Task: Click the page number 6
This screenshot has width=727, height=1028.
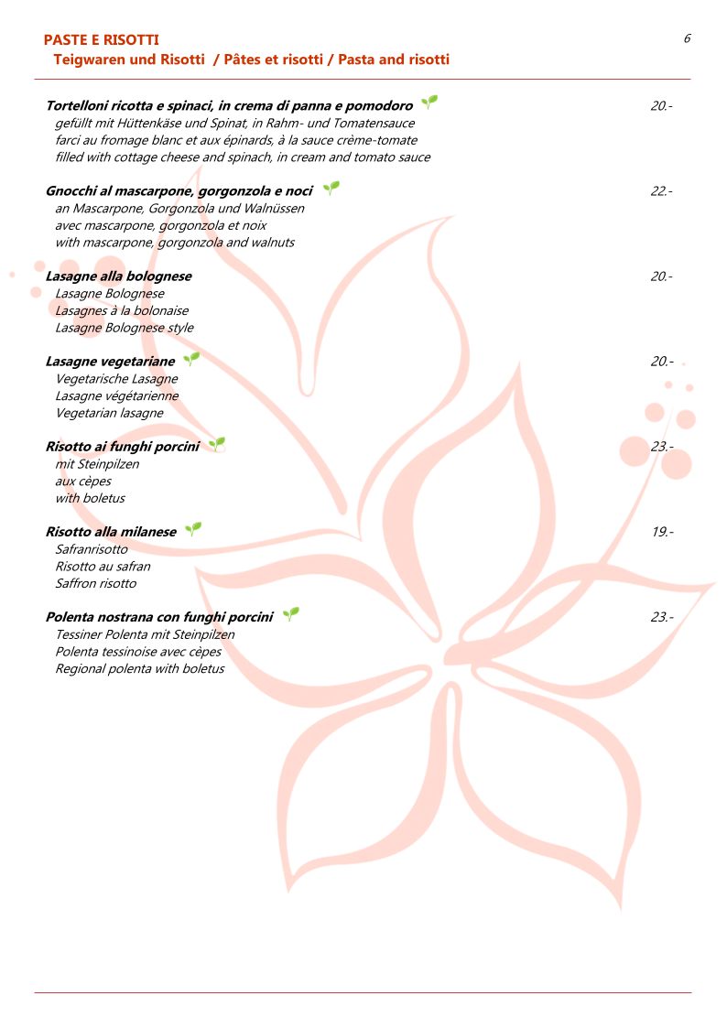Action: coord(687,38)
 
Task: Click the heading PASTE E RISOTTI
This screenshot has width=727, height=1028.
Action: coord(102,40)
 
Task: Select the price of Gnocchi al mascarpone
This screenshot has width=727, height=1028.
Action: coord(661,191)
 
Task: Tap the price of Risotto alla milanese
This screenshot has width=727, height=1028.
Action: coord(662,532)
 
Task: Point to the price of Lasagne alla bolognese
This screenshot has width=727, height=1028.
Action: coord(661,276)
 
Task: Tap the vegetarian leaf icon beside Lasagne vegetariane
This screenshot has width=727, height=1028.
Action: coord(190,359)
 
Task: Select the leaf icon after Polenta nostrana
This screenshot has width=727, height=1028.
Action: coord(290,614)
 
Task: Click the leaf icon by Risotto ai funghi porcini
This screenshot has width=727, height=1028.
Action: coord(216,444)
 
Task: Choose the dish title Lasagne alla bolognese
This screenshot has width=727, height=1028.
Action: coord(119,276)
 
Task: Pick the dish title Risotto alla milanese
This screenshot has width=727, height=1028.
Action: coord(111,532)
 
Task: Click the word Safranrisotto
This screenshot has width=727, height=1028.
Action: coord(92,549)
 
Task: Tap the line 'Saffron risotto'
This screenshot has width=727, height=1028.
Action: coord(95,583)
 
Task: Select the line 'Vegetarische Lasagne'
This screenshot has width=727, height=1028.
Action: coord(116,379)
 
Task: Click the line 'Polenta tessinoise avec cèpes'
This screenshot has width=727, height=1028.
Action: coord(138,652)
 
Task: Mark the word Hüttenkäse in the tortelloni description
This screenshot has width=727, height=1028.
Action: coord(151,124)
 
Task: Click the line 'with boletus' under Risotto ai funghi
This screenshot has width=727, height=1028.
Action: coord(90,498)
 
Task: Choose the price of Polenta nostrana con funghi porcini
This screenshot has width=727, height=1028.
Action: coord(661,617)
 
